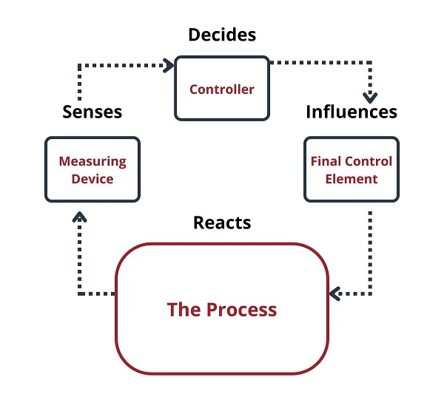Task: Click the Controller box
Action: click(221, 89)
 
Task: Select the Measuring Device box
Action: click(92, 169)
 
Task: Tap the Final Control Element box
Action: click(351, 169)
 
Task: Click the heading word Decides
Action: click(221, 35)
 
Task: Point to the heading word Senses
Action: click(92, 112)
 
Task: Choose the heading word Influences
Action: click(351, 112)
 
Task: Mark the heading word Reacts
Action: click(222, 222)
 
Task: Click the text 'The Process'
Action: click(222, 309)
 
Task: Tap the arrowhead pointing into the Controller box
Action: click(168, 65)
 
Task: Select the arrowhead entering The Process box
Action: click(334, 294)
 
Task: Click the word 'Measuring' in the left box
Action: click(92, 161)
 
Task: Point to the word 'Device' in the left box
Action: click(92, 178)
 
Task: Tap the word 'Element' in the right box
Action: click(351, 178)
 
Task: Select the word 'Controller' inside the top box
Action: click(221, 89)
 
